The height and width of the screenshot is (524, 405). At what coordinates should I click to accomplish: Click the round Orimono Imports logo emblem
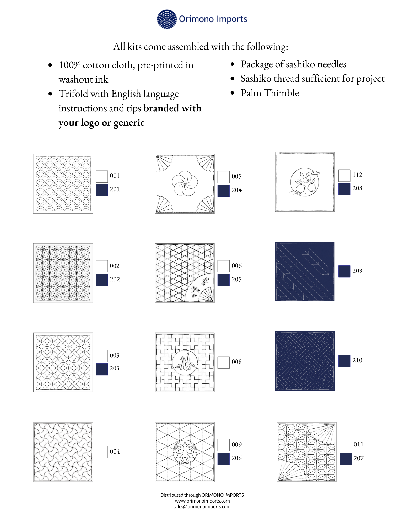coord(167,19)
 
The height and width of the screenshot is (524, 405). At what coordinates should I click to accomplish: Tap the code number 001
coord(115,176)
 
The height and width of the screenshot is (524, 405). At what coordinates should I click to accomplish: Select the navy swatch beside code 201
coord(102,190)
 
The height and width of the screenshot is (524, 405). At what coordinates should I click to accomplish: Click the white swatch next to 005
coord(224,177)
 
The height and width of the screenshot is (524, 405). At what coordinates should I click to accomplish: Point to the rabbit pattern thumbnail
coord(305,182)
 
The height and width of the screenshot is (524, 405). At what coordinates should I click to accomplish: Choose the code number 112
coord(357,175)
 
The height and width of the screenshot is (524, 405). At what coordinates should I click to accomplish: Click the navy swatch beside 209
coord(344,271)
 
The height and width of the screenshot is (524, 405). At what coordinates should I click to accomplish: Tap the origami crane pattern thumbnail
coord(185,363)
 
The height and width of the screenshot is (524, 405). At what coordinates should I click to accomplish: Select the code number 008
coord(236,362)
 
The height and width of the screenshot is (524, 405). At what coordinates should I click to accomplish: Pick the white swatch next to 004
coord(102,452)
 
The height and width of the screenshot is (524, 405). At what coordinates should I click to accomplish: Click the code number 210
coord(357,360)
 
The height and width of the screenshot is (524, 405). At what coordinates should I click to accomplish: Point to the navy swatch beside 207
coord(346,459)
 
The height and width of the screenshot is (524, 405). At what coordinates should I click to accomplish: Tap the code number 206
coord(236,458)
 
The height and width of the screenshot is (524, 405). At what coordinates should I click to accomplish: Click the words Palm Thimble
coord(270,93)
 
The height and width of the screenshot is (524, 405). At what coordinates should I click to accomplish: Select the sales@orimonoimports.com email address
coord(202,507)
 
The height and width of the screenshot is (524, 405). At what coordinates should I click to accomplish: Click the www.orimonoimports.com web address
coord(202,501)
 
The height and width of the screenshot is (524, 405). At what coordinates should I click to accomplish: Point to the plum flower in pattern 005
coord(185,183)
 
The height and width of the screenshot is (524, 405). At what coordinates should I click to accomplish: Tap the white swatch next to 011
coord(346,445)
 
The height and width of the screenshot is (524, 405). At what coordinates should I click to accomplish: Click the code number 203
coord(115,368)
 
